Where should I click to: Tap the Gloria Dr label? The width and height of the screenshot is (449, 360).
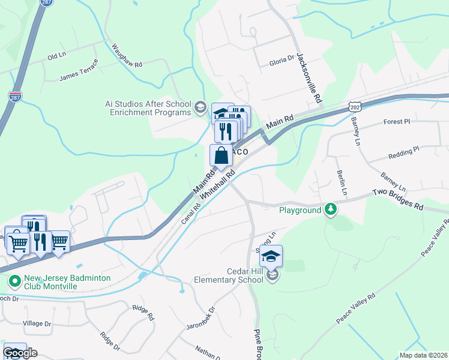[282, 60]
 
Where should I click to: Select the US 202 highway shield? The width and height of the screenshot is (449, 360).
[354, 107]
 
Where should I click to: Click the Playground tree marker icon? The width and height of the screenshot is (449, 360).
[330, 209]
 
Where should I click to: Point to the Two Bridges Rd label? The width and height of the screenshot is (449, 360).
[397, 199]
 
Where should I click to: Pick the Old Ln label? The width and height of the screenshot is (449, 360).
[56, 57]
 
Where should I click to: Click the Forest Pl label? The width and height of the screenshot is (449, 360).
[396, 122]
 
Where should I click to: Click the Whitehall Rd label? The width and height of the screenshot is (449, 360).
[217, 184]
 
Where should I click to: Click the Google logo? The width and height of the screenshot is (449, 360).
[20, 353]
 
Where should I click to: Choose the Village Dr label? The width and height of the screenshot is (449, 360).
[37, 323]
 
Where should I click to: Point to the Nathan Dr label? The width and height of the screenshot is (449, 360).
[208, 352]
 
